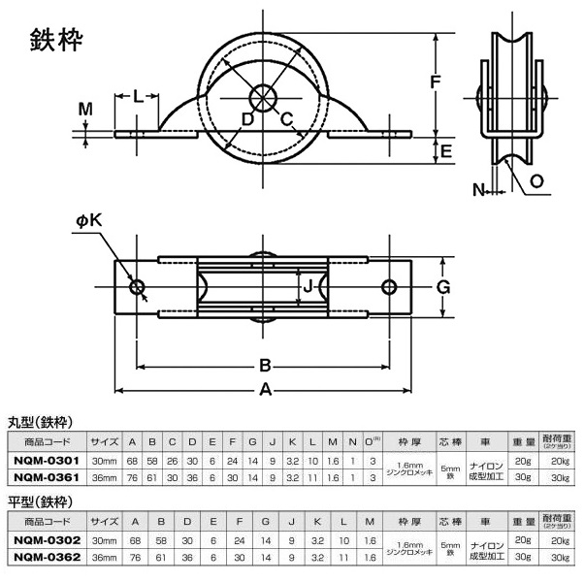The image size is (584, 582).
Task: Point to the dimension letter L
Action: [138, 97]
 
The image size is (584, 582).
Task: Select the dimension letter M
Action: [85, 110]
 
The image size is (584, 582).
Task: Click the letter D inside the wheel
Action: [247, 118]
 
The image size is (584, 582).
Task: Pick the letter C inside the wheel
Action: [287, 118]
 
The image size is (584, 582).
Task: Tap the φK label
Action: [88, 223]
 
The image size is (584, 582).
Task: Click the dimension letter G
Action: [441, 287]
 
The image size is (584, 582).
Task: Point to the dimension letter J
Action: [308, 287]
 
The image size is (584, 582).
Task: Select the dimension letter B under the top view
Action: [263, 366]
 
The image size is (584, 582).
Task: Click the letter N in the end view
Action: [479, 190]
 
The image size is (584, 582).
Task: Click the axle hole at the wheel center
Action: [264, 98]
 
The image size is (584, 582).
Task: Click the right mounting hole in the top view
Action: [390, 287]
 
